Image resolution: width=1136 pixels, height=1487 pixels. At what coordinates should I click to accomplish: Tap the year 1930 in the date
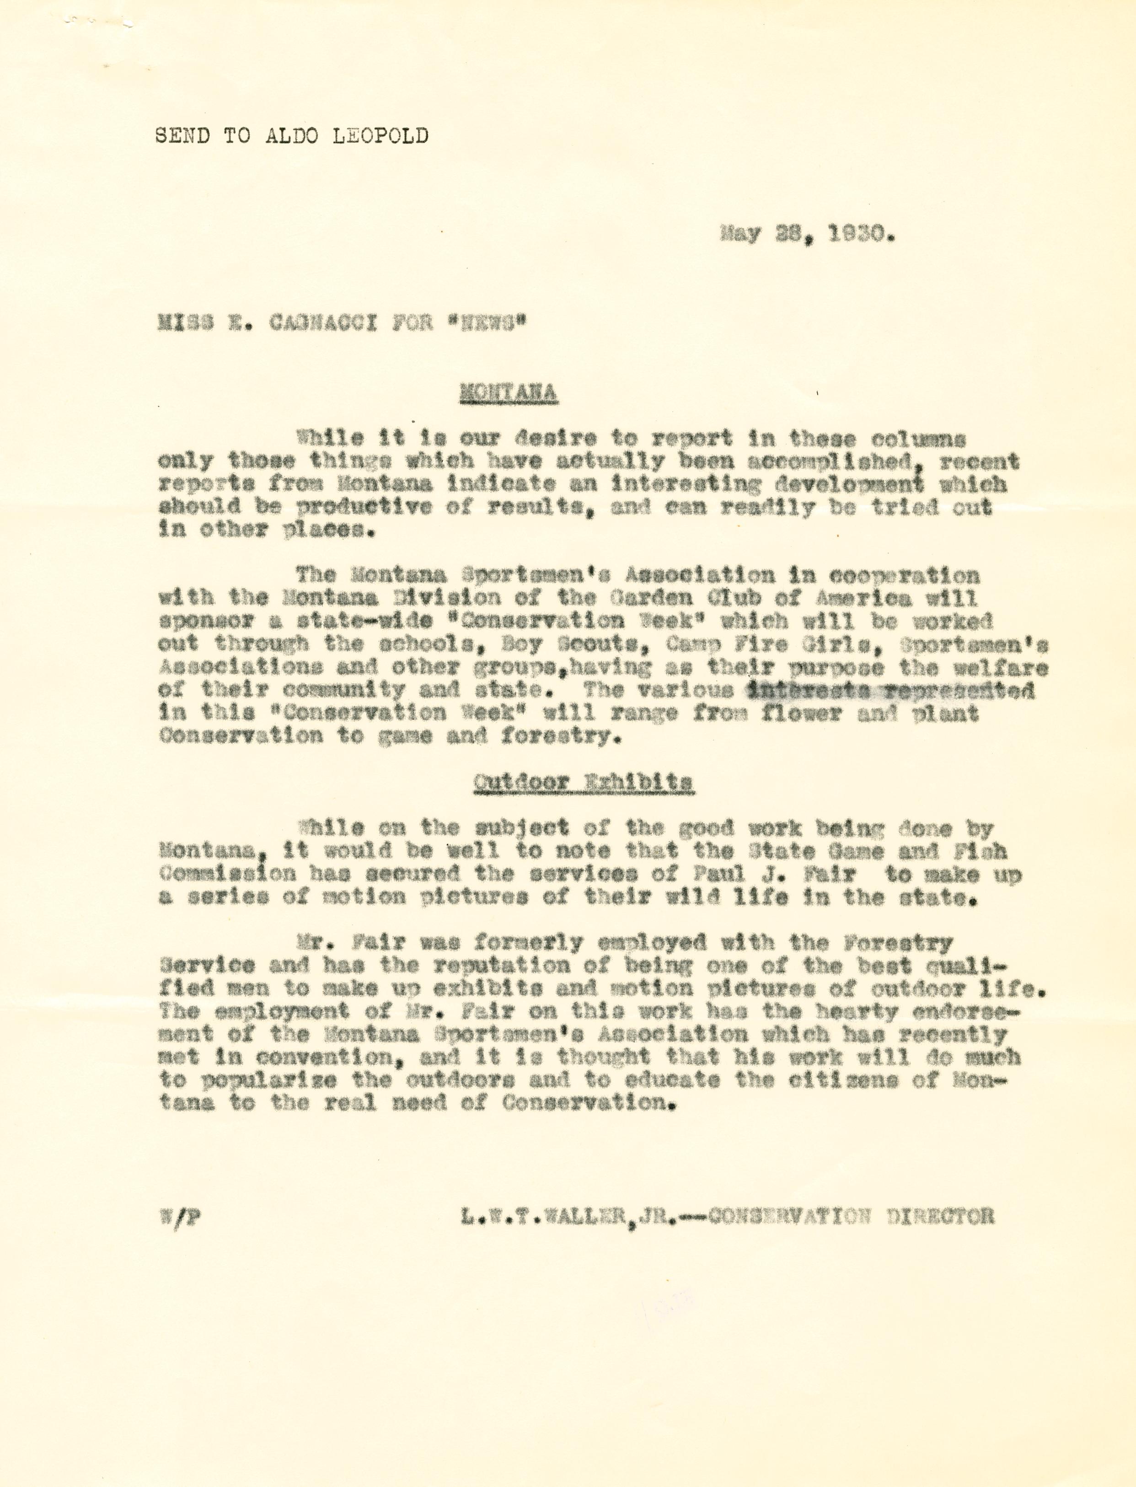pos(863,235)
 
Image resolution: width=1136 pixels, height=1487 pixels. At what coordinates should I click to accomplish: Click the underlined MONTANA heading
pos(509,393)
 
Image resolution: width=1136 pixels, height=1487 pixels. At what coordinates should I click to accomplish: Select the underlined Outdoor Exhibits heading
pos(583,783)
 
